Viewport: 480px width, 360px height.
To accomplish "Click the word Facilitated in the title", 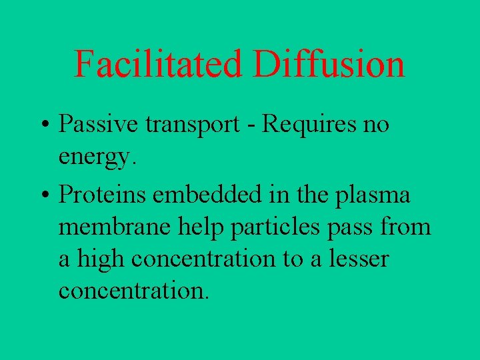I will point(158,65).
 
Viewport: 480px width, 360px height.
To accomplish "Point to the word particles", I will point(277,227).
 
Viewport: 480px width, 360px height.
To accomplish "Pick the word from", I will point(405,227).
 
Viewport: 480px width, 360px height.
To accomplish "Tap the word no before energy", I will point(375,125).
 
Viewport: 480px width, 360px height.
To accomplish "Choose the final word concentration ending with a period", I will point(133,291).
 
